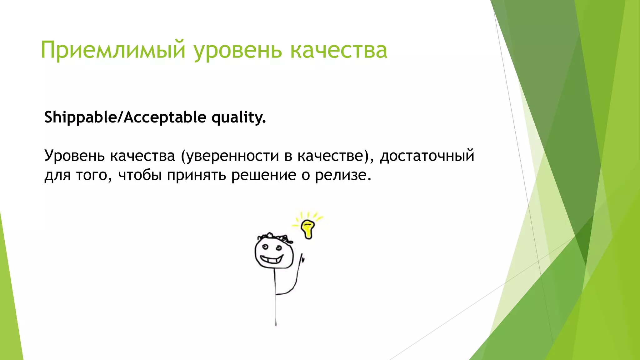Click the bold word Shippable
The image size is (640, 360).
pyautogui.click(x=80, y=117)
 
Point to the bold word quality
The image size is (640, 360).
pyautogui.click(x=238, y=117)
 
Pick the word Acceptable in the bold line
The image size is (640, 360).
pyautogui.click(x=165, y=117)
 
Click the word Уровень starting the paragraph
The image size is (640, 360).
pyautogui.click(x=74, y=156)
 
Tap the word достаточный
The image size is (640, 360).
pyautogui.click(x=427, y=156)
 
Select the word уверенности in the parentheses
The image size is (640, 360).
pyautogui.click(x=232, y=156)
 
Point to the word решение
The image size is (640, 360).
pyautogui.click(x=263, y=175)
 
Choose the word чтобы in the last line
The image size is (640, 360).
pyautogui.click(x=140, y=175)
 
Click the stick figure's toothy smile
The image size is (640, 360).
pyautogui.click(x=272, y=259)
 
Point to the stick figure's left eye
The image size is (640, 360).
pyautogui.click(x=265, y=247)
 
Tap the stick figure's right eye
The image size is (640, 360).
pyautogui.click(x=279, y=248)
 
